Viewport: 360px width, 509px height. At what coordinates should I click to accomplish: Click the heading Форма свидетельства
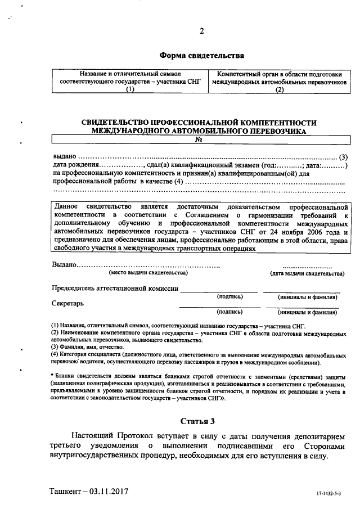click(201, 56)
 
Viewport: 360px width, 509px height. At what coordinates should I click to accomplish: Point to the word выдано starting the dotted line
click(64, 156)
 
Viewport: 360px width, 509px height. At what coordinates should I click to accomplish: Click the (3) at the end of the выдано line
click(344, 156)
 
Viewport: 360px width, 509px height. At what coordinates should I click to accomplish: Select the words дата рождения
click(75, 165)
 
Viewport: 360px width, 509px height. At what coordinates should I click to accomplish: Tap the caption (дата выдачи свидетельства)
click(307, 273)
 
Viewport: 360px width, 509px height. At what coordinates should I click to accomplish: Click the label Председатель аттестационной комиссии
click(115, 289)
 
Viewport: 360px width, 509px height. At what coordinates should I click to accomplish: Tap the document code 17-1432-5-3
click(328, 493)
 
